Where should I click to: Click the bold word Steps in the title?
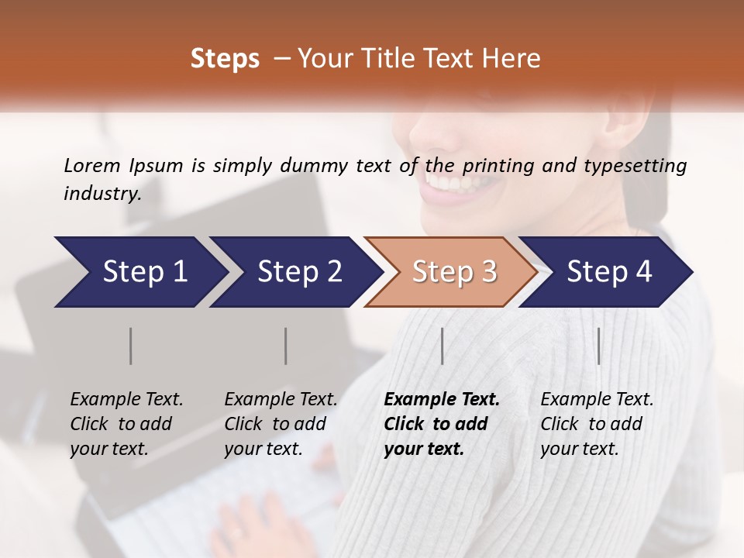pos(225,59)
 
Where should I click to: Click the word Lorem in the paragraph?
pos(92,165)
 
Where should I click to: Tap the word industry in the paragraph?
pos(102,193)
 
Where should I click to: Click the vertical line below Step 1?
pos(131,346)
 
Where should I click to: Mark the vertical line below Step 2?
pos(286,346)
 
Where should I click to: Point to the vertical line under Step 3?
pos(442,346)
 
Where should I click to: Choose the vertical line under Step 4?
pos(598,346)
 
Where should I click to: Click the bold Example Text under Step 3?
pos(442,400)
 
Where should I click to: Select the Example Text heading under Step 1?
pos(126,400)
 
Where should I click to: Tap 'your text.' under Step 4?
pos(579,449)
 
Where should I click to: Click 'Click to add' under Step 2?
pos(275,424)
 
